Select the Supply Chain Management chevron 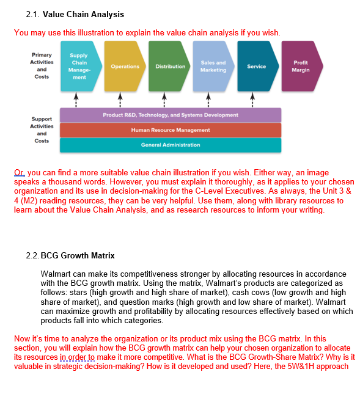[79, 67]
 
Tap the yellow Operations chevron [125, 67]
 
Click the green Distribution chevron [169, 67]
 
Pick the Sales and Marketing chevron [213, 67]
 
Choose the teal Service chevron [256, 67]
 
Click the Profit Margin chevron [300, 67]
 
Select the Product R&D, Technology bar [171, 115]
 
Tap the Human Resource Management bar [171, 130]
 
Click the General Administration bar [171, 145]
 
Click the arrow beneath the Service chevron [252, 98]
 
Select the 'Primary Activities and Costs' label [42, 65]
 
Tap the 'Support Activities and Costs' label [42, 130]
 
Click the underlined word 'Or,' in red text [20, 173]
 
